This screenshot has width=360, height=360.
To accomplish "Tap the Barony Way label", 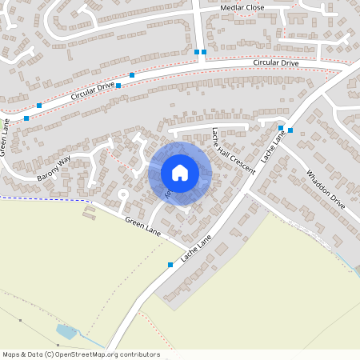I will coord(55,167).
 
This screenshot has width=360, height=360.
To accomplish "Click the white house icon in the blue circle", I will coord(180,173).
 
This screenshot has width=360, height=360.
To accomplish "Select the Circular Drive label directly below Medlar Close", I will coord(276,62).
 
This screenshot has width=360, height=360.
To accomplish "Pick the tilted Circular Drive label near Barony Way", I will coord(93,90).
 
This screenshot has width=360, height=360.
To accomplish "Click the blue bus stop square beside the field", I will coord(170,264).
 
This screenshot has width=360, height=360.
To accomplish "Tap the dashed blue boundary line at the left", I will coord(40,198).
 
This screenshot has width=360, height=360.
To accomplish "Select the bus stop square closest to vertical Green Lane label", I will coord(26,118).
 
